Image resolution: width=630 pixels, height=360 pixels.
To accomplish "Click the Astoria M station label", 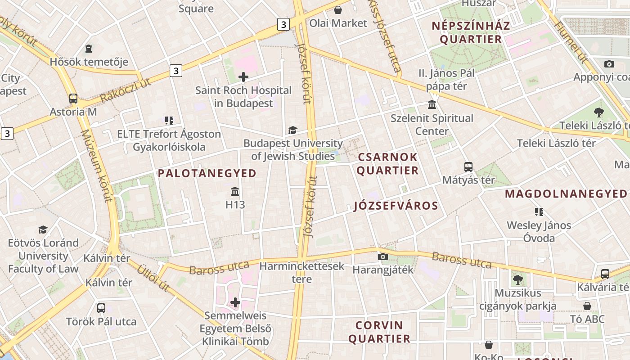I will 73,112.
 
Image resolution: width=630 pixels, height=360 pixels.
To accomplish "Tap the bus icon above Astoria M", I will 73,99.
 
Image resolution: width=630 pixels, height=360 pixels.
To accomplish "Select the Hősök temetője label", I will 89,62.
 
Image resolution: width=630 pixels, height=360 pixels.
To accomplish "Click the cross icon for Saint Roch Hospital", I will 243,77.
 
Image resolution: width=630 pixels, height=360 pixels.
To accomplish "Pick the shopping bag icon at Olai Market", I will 338,9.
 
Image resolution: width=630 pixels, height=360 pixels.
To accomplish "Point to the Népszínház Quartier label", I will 471,32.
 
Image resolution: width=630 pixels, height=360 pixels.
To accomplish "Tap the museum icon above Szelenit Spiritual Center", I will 432,105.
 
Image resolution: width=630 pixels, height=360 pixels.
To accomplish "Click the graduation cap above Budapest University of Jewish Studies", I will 292,130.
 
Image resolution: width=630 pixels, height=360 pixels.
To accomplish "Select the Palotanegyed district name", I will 207,173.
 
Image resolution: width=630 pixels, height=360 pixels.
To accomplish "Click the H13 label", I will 235,205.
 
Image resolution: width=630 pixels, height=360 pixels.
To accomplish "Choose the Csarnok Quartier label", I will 388,164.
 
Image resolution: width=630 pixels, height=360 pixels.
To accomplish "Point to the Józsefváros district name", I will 396,206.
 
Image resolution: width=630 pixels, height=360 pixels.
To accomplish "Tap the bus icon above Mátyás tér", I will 468,167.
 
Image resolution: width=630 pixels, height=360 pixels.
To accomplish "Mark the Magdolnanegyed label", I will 566,194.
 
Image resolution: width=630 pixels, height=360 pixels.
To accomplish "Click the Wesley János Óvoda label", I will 539,231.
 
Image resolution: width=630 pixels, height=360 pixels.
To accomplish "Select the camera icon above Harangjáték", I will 383,257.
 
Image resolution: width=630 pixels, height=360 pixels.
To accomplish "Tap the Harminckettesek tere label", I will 302,272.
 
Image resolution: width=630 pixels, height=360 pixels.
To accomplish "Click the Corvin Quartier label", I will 379,332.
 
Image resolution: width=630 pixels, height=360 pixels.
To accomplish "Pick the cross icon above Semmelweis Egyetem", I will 235,302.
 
